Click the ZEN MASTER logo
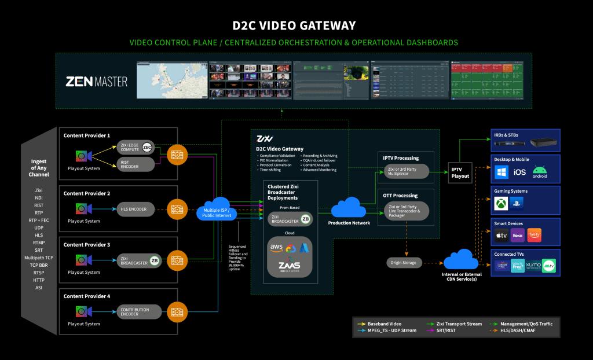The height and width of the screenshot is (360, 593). click(97, 81)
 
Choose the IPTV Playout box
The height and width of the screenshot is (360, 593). click(461, 173)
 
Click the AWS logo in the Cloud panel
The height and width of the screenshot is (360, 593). click(276, 248)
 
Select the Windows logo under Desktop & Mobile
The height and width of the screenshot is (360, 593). click(502, 172)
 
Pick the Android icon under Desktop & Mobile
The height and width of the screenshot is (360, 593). click(540, 172)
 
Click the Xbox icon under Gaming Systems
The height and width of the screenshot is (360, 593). click(500, 203)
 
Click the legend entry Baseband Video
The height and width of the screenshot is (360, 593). click(383, 324)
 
